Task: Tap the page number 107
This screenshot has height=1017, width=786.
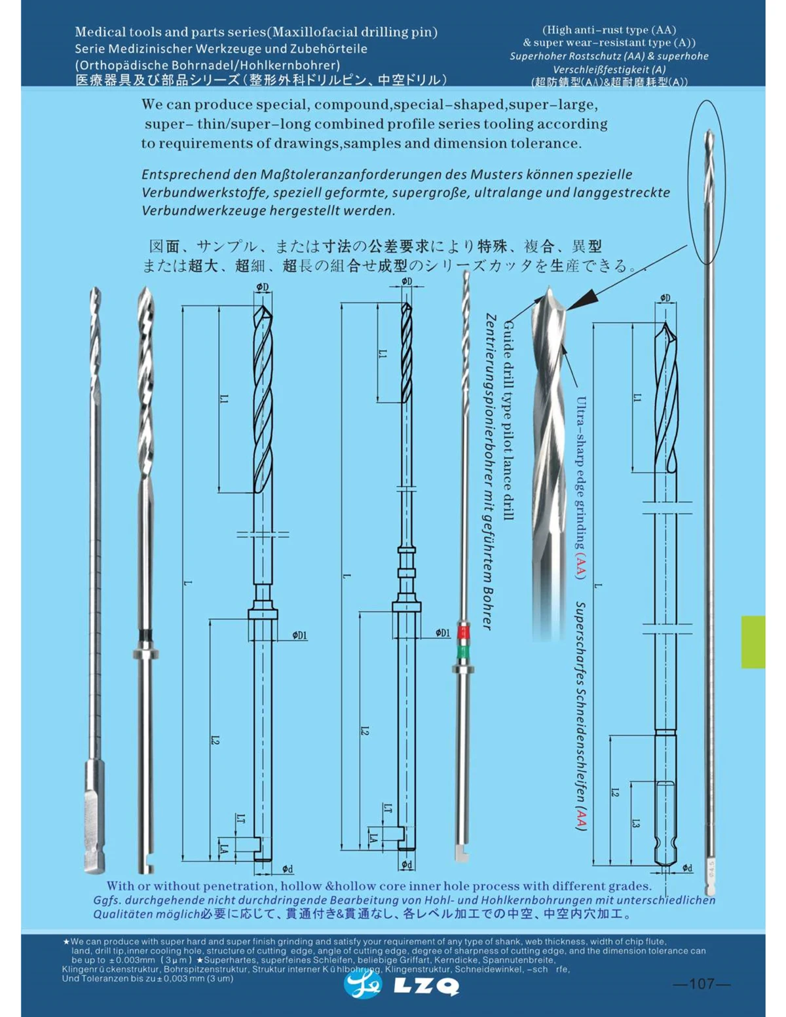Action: (x=702, y=984)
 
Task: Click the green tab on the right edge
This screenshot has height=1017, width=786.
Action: (x=753, y=642)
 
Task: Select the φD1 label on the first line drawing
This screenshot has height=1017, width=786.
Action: (x=299, y=635)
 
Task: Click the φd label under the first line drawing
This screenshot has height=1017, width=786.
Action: (x=288, y=869)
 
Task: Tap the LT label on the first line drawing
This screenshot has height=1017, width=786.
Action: (x=240, y=818)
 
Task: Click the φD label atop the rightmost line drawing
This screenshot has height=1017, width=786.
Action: (x=665, y=298)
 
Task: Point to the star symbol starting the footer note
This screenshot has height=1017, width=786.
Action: (x=65, y=941)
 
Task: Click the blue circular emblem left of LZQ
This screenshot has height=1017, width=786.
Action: (x=362, y=984)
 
